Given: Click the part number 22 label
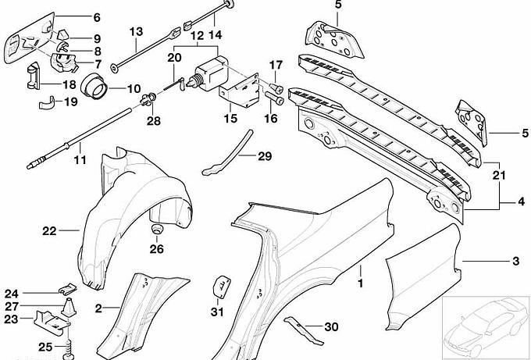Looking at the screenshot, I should point(49,230).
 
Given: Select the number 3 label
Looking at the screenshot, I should point(515,260).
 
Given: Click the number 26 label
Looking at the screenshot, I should point(157,250).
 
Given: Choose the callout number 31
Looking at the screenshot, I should point(217,312).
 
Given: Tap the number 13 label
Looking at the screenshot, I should point(137,32).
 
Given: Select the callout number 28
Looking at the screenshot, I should point(153,120).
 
